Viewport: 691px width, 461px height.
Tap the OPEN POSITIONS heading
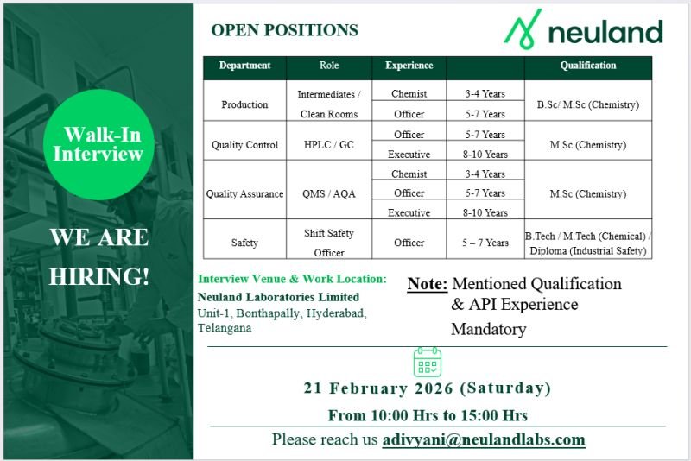pos(284,30)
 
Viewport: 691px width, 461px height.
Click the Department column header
pos(244,66)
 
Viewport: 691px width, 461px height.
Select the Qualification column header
pos(587,66)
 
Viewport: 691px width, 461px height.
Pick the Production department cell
pos(244,104)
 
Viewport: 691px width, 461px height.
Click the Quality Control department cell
pos(244,145)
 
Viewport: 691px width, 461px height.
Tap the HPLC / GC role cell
pos(328,145)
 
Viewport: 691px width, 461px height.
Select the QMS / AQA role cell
pos(328,193)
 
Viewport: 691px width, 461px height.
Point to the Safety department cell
pos(244,243)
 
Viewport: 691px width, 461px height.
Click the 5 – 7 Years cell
pos(484,243)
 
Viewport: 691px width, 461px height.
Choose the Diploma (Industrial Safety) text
pos(587,252)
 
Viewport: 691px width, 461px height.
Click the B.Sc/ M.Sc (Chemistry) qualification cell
pos(587,104)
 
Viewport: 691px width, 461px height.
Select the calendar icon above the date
pos(427,362)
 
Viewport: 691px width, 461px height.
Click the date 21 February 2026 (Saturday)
pos(427,388)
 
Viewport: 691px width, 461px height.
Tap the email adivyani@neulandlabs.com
pos(484,439)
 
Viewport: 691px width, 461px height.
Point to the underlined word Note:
pos(427,284)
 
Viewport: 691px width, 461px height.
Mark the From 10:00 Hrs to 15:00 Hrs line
pos(427,415)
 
